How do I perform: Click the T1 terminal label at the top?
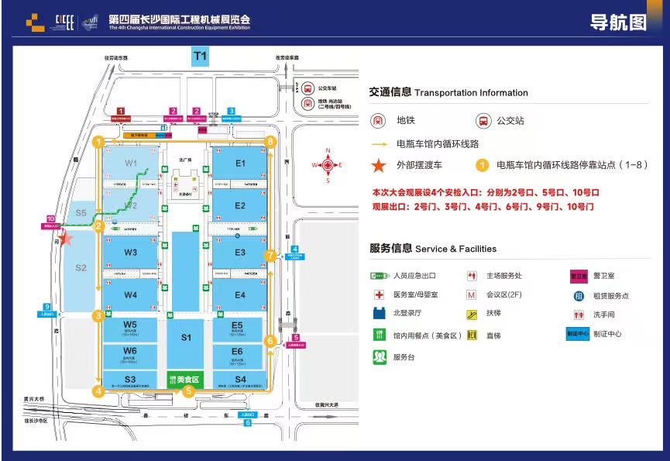[201, 56]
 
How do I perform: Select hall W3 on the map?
[130, 253]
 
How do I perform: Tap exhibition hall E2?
[240, 205]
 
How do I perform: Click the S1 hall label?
[186, 337]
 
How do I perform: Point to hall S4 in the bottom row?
[240, 379]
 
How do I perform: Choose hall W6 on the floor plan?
[130, 353]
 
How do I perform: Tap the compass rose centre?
[328, 165]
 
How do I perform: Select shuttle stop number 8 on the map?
[270, 142]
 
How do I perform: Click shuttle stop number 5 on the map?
[188, 392]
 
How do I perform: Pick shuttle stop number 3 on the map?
[98, 316]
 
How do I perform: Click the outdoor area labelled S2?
[81, 268]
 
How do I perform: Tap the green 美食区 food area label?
[184, 380]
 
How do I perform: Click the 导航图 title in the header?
[618, 22]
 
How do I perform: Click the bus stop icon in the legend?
[483, 121]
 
